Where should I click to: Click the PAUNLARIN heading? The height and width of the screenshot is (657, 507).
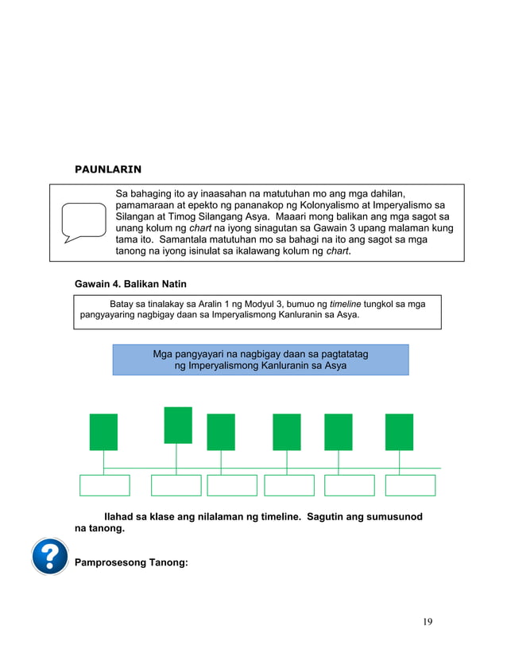coord(108,169)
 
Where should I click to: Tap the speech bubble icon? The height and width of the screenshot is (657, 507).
coord(83,222)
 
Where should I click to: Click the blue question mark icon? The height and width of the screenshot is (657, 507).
coord(51,556)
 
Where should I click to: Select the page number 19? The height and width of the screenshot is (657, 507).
coord(428,621)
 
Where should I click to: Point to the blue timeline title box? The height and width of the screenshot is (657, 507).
coord(261,360)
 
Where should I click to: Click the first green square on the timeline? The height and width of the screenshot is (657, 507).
coord(103,432)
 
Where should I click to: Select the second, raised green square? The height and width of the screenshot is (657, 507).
coord(178,425)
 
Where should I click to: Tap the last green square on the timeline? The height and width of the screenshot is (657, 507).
coord(399,432)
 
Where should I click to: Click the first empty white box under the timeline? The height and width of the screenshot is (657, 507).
coord(105,485)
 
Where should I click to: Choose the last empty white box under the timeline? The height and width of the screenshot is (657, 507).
coord(410,485)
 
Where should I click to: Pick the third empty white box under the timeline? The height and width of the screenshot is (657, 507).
coord(232,485)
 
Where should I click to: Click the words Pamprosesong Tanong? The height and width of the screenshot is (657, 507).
coord(130,563)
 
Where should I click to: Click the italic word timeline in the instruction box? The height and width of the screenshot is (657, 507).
coord(345,304)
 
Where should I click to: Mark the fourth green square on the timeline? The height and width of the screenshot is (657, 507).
coord(286,432)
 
